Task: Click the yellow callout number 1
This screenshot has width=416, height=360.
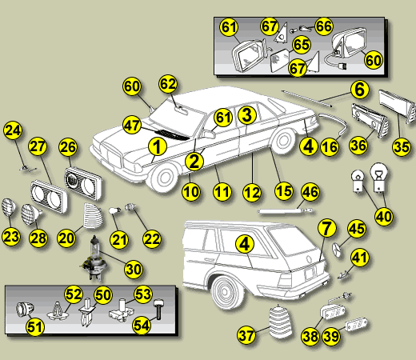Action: (x=158, y=146)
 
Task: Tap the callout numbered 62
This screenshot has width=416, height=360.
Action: (x=167, y=83)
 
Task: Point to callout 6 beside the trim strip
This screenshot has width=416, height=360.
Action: (x=359, y=90)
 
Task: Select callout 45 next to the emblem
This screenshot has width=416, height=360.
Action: (x=357, y=229)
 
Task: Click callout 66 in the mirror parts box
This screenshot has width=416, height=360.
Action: (x=324, y=26)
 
